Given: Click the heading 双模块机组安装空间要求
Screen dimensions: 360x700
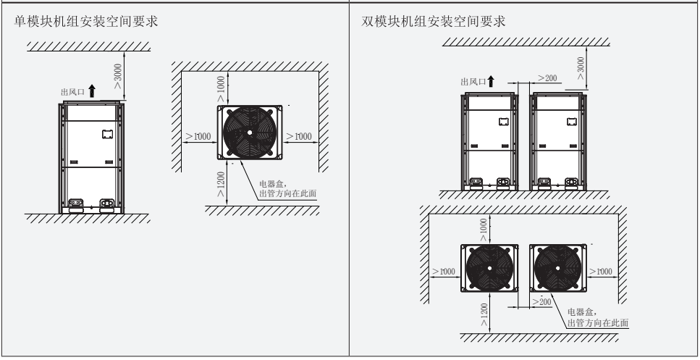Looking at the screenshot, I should pyautogui.click(x=434, y=22).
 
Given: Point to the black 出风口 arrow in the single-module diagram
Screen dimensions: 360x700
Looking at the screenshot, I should pyautogui.click(x=92, y=91).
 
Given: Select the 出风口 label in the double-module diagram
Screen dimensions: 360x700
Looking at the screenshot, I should pyautogui.click(x=473, y=81).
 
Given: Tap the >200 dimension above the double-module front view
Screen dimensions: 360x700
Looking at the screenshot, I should pyautogui.click(x=547, y=78).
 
